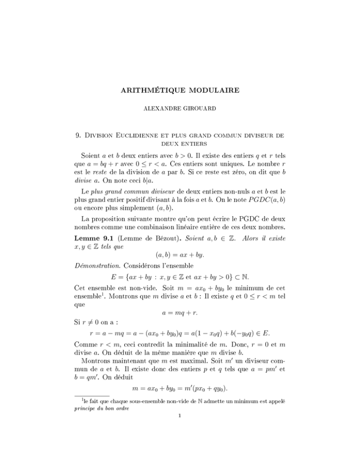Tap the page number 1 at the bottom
(x=180, y=462)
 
